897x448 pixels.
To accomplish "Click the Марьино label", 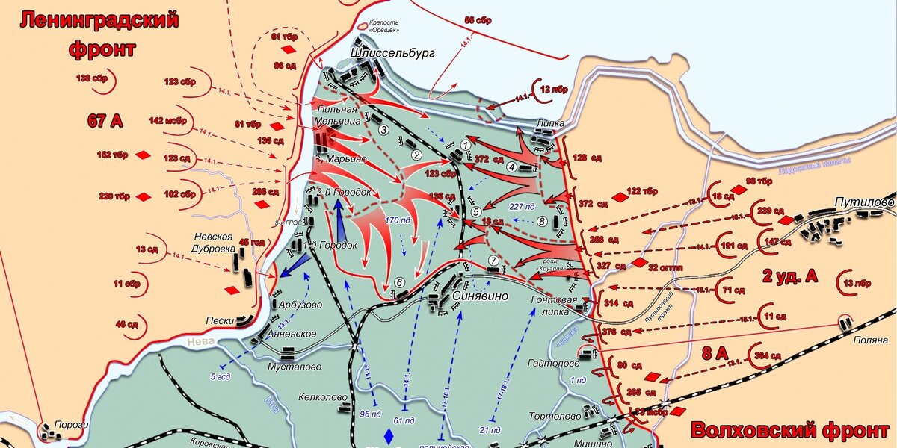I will pyautogui.click(x=345, y=158).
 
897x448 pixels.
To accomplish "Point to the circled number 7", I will pyautogui.click(x=493, y=261).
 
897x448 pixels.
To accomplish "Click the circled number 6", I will pyautogui.click(x=400, y=282).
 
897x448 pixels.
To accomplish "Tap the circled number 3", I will pyautogui.click(x=383, y=130).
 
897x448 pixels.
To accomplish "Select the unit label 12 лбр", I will pyautogui.click(x=553, y=90).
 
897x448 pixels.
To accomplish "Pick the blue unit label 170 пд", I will pyautogui.click(x=397, y=221).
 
